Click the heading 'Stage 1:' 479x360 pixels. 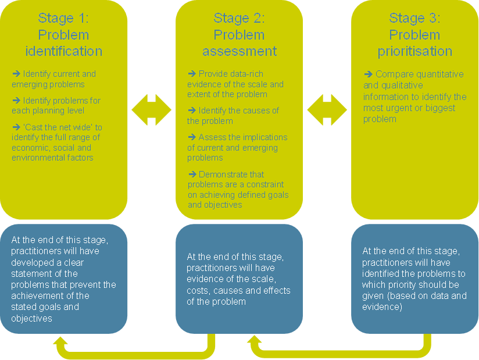(x=64, y=18)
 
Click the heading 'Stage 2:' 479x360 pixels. (x=239, y=18)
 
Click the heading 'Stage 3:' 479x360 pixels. (x=414, y=18)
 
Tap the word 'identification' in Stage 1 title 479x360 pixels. (x=64, y=51)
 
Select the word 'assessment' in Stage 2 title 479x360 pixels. (x=239, y=51)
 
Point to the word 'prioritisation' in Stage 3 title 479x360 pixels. (x=414, y=51)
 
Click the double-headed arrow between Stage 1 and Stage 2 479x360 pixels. (x=152, y=110)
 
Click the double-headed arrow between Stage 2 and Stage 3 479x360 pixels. (x=327, y=110)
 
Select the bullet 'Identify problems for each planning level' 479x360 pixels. (x=56, y=105)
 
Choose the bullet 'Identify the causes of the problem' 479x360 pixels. (x=233, y=116)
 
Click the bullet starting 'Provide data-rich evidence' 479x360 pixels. (x=235, y=84)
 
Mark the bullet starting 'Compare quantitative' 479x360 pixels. (x=414, y=96)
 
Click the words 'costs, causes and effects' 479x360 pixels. (x=238, y=290)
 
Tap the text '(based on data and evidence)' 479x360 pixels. (x=414, y=301)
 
